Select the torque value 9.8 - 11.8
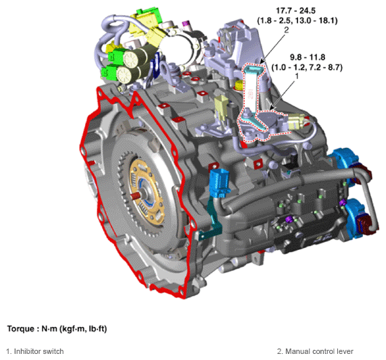point(308,57)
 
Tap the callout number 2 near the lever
point(286,30)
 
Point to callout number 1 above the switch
point(297,76)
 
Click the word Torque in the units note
point(20,329)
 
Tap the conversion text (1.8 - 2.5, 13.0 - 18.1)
point(297,21)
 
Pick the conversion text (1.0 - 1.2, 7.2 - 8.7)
point(307,68)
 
